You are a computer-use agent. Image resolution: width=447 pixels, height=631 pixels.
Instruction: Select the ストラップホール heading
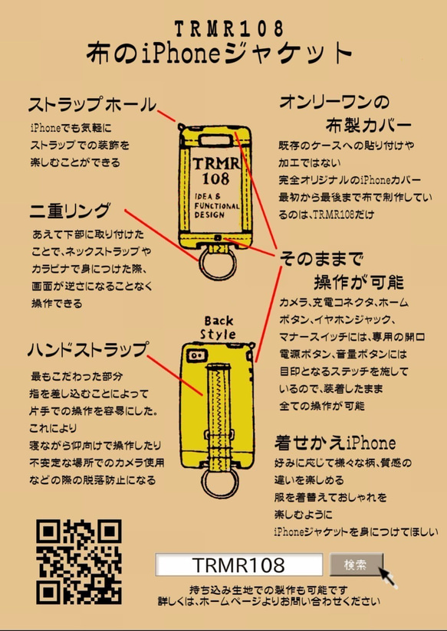pyautogui.click(x=91, y=104)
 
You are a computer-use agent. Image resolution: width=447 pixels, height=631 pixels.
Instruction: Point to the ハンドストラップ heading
pyautogui.click(x=88, y=351)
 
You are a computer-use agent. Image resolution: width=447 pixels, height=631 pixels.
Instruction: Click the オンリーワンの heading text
pyautogui.click(x=335, y=102)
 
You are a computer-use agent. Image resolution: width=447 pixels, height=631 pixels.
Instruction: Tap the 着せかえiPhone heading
pyautogui.click(x=336, y=443)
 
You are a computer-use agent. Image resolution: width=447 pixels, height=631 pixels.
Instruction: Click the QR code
pyautogui.click(x=79, y=561)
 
